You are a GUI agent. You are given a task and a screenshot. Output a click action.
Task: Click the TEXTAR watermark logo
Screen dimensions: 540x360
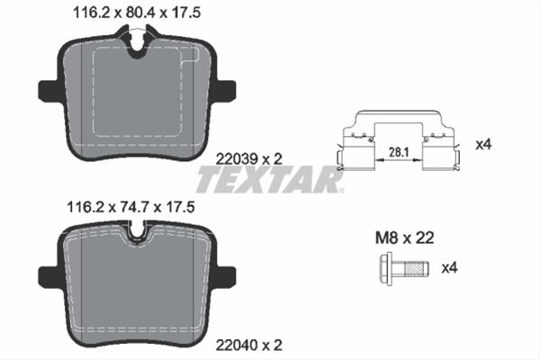click(270, 179)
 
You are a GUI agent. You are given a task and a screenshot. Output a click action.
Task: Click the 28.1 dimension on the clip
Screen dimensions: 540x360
click(399, 152)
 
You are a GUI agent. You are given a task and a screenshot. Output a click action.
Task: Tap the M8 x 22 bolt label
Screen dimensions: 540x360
click(404, 238)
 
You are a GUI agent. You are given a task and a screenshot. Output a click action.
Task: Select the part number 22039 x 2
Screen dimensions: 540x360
click(248, 158)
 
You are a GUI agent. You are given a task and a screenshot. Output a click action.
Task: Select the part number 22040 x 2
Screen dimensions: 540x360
click(248, 345)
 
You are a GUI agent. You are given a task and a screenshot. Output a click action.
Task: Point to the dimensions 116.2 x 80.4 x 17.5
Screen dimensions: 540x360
click(137, 13)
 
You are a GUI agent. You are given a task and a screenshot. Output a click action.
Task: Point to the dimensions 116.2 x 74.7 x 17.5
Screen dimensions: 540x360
click(130, 207)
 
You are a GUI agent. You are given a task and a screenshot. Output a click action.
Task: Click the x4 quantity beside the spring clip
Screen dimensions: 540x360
click(483, 145)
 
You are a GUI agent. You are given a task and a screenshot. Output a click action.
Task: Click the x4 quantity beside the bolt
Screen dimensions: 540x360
click(449, 267)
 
